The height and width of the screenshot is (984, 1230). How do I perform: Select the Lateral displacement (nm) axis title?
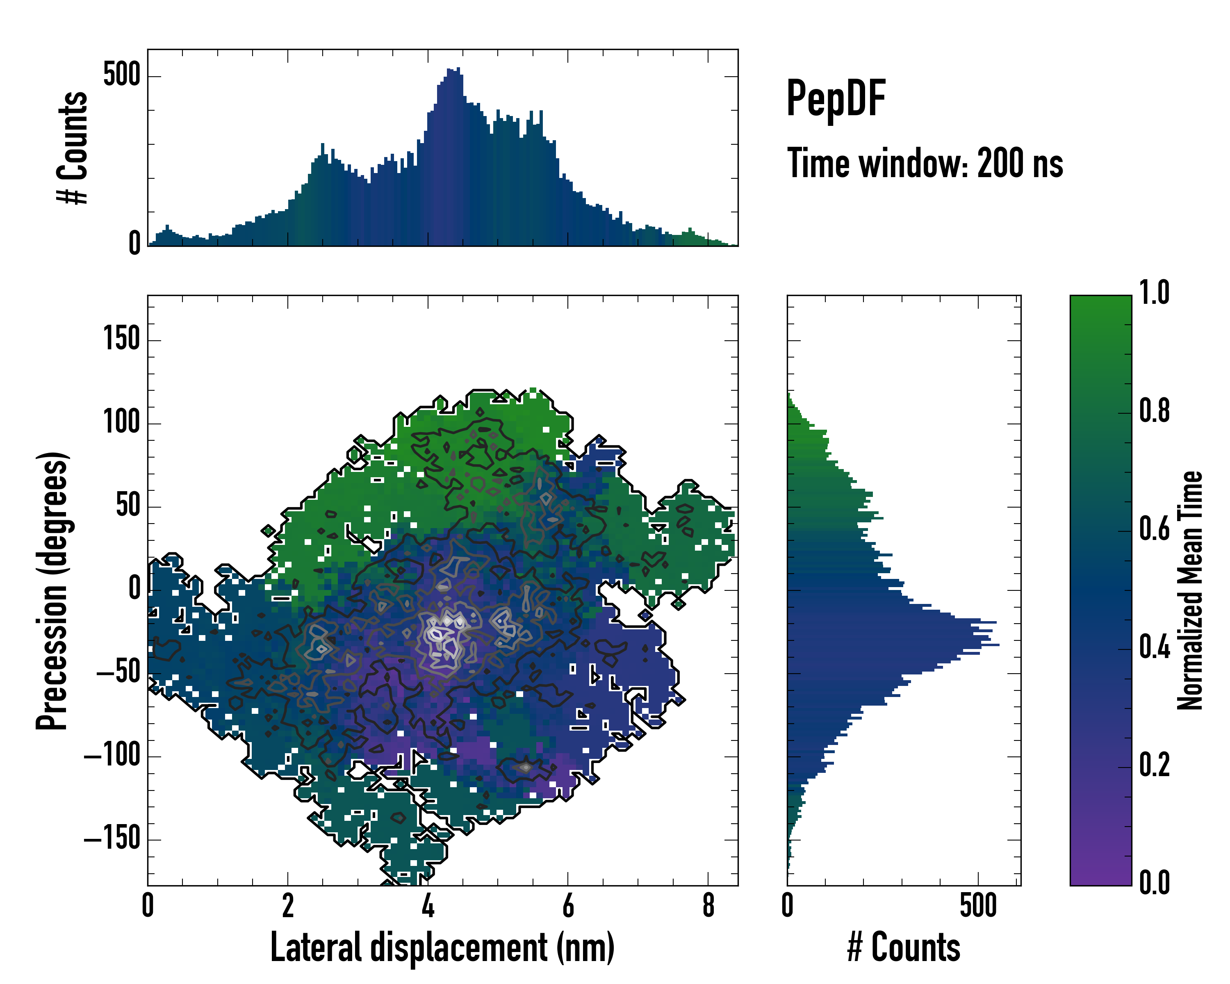[x=442, y=947]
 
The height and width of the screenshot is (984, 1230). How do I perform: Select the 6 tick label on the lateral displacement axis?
[x=568, y=906]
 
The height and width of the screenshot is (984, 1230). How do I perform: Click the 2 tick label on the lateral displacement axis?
[x=287, y=906]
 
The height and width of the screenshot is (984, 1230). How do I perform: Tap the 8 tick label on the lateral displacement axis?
[x=708, y=906]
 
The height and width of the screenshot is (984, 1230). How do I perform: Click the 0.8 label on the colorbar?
[x=1154, y=411]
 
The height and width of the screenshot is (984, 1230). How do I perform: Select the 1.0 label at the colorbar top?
[x=1154, y=293]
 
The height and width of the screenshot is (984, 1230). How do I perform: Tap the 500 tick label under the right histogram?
[x=978, y=906]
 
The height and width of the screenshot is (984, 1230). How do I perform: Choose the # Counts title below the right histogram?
[x=904, y=947]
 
